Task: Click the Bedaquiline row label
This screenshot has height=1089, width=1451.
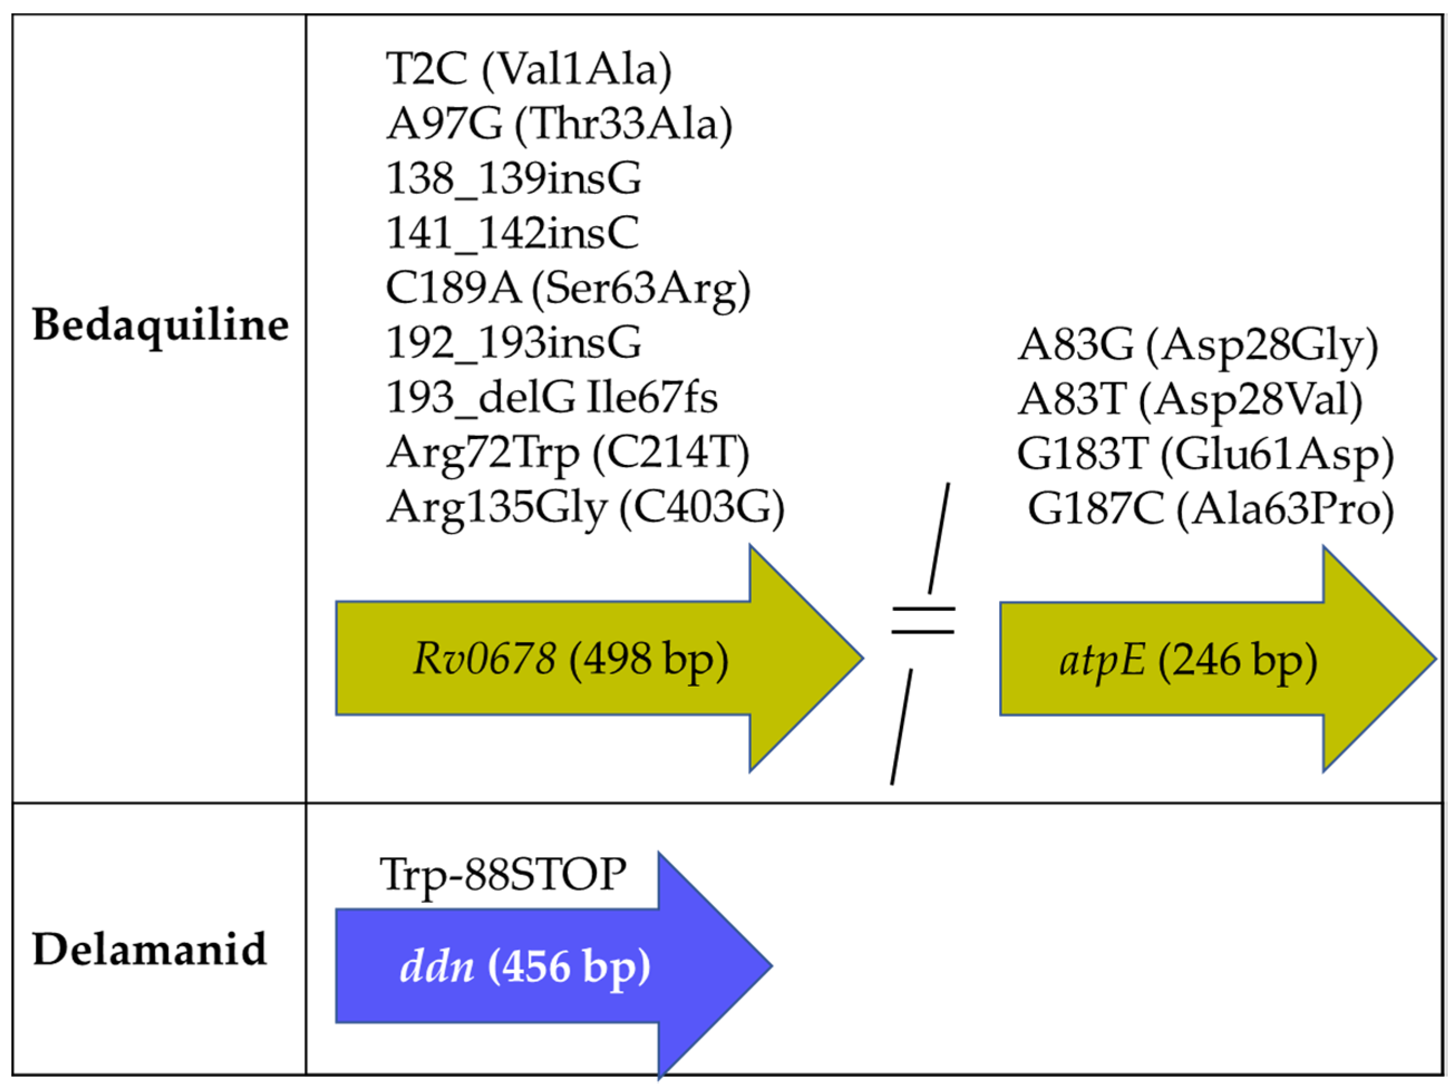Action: coord(160,325)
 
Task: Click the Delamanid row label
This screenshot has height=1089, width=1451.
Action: coord(149,949)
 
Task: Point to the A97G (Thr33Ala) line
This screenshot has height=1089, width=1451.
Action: coord(559,124)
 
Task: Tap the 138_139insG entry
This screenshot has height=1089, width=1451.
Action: coord(514,178)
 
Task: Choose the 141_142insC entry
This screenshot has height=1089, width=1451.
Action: coord(512,233)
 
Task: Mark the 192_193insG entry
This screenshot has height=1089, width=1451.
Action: coord(514,342)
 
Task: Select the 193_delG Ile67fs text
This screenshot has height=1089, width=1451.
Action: coord(552,397)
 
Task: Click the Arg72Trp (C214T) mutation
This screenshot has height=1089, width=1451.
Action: coord(567,453)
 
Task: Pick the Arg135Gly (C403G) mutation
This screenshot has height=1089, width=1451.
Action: coord(585,508)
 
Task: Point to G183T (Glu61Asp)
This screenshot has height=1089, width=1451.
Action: coord(1206,455)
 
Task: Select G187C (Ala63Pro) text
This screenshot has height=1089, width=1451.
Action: coord(1211,509)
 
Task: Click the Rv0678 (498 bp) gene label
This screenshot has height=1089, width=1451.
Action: coord(570,659)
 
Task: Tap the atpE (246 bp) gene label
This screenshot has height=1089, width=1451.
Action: coord(1188,660)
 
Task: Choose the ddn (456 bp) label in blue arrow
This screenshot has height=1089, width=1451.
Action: coord(525,967)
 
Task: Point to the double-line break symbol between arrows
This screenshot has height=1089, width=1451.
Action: coord(922,620)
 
